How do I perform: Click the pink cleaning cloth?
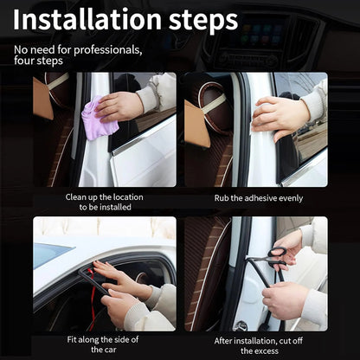(98, 122)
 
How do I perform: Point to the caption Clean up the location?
(105, 197)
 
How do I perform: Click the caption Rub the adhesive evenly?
(258, 197)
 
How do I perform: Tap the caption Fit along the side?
(104, 339)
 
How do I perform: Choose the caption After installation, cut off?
(259, 339)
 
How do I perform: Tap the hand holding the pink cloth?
(121, 105)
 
